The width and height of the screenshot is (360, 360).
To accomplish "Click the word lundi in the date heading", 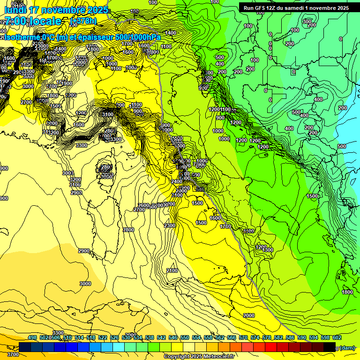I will click(15, 10).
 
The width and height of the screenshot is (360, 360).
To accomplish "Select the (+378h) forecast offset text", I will click(83, 21).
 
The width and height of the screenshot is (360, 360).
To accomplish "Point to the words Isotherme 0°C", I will click(26, 37).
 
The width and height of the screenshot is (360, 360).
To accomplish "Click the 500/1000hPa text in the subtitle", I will click(138, 37).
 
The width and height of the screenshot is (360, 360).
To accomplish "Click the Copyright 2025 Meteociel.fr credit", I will click(199, 357).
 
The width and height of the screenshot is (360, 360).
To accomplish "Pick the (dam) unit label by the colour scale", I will click(347, 347).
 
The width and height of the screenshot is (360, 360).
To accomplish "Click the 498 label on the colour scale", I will click(32, 337).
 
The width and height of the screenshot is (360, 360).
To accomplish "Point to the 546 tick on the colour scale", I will click(173, 337).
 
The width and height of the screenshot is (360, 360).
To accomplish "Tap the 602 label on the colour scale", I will click(337, 337).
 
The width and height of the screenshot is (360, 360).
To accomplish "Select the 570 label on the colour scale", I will click(243, 337).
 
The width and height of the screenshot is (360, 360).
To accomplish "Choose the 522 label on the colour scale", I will click(103, 337).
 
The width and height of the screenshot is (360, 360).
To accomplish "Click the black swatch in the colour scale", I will click(330, 347).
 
